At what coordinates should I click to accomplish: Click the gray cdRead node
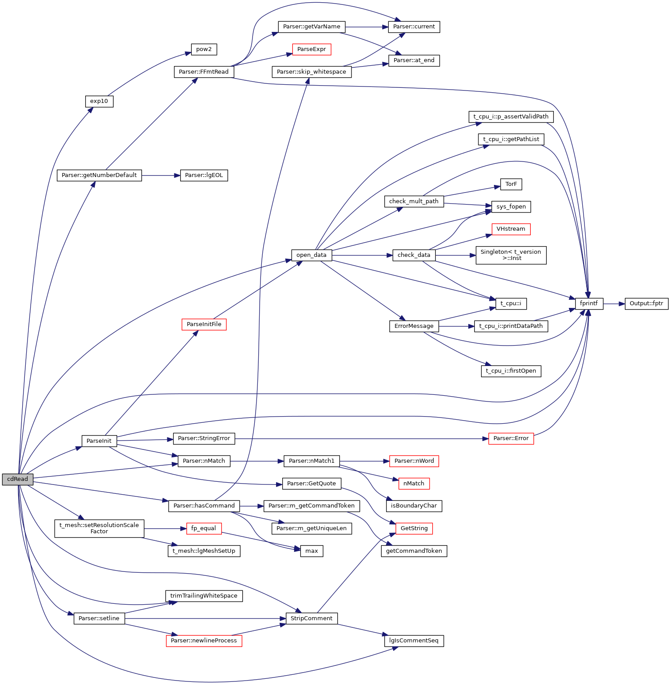pyautogui.click(x=17, y=479)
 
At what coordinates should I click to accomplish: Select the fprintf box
pyautogui.click(x=589, y=304)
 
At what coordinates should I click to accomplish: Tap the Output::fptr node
pyautogui.click(x=646, y=304)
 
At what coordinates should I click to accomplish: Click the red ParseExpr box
pyautogui.click(x=312, y=49)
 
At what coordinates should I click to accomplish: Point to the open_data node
pyautogui.click(x=311, y=255)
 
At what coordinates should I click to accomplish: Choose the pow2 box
pyautogui.click(x=204, y=49)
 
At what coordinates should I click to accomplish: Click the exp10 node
pyautogui.click(x=99, y=101)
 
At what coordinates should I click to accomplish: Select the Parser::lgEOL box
pyautogui.click(x=204, y=175)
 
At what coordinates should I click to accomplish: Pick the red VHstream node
pyautogui.click(x=511, y=229)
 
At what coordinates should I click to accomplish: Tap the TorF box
pyautogui.click(x=511, y=184)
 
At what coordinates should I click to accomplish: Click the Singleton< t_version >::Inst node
pyautogui.click(x=511, y=255)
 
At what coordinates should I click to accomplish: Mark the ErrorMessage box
pyautogui.click(x=414, y=326)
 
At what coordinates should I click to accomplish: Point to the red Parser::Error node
pyautogui.click(x=511, y=438)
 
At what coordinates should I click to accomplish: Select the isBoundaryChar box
pyautogui.click(x=414, y=506)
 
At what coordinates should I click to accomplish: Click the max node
pyautogui.click(x=312, y=551)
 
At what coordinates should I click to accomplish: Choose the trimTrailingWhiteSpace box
pyautogui.click(x=204, y=596)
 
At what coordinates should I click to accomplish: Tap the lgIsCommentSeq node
pyautogui.click(x=414, y=641)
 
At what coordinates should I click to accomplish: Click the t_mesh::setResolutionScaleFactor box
pyautogui.click(x=99, y=528)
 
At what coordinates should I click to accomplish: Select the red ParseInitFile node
pyautogui.click(x=204, y=324)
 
